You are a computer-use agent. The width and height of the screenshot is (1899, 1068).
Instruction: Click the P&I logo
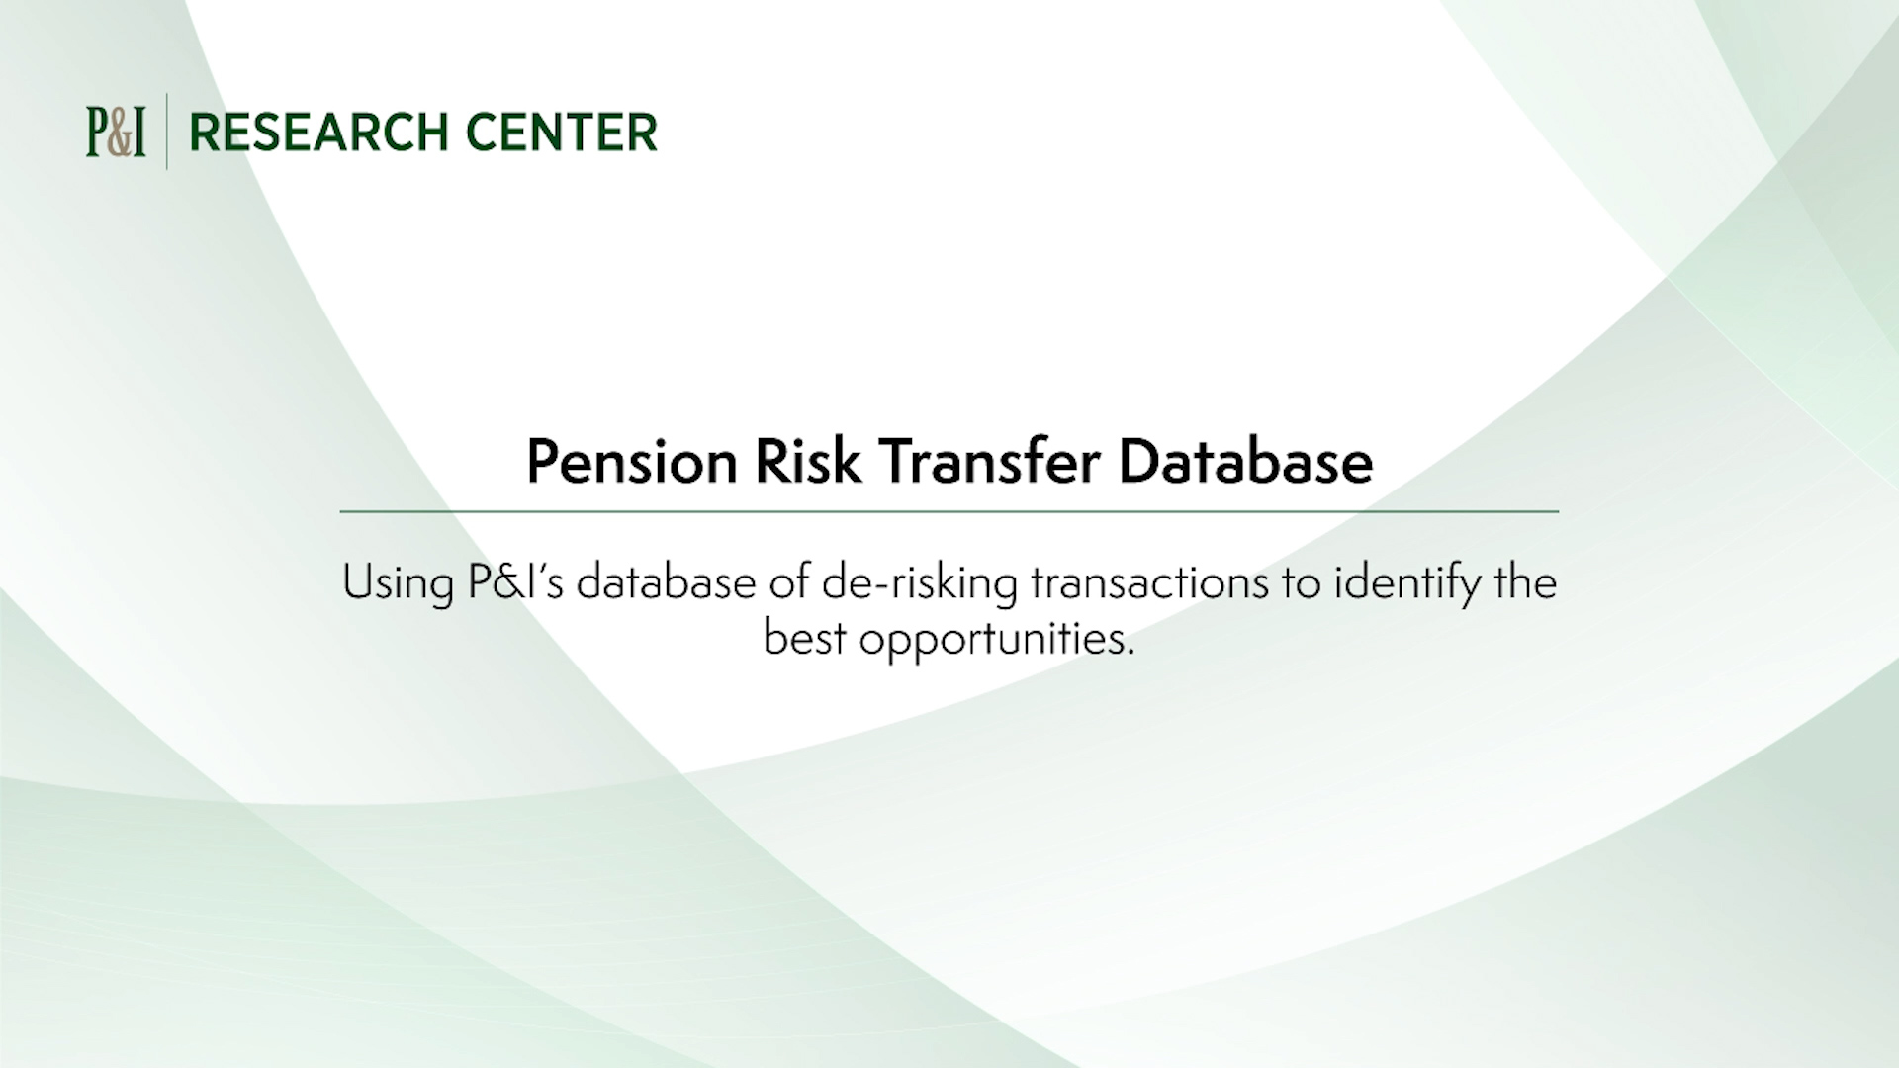pos(116,133)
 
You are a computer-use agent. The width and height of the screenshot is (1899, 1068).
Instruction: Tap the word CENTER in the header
pos(561,133)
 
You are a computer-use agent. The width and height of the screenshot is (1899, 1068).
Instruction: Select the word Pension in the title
pos(631,462)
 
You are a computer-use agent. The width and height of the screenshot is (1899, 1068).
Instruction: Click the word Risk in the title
pos(808,462)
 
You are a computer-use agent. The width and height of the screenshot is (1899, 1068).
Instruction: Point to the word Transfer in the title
pos(989,462)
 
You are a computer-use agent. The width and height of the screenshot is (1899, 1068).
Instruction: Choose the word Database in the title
pos(1245,462)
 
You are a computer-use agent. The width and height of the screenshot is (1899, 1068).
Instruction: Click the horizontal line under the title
pos(949,512)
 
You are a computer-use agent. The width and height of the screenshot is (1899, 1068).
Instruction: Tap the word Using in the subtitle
pos(398,583)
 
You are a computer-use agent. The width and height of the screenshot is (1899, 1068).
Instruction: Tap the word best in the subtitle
pos(804,638)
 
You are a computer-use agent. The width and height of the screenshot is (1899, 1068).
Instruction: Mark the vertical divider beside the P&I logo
pos(166,132)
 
